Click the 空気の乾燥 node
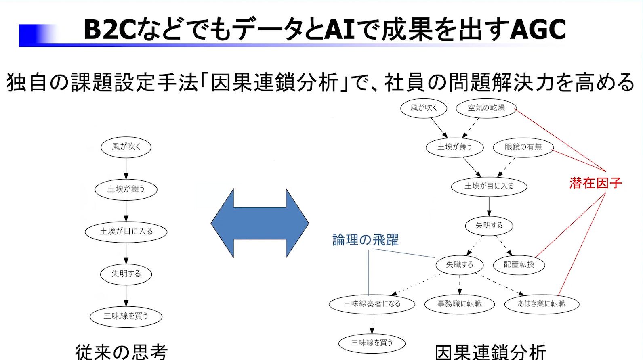click(486, 108)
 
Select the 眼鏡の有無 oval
click(523, 147)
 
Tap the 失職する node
click(459, 265)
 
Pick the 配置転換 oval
click(519, 265)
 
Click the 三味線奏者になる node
click(372, 304)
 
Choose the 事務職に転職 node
click(459, 304)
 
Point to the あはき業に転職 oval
click(542, 304)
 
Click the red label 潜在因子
click(595, 183)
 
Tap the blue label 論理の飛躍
click(365, 240)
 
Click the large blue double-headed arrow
click(260, 223)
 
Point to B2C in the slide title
click(109, 29)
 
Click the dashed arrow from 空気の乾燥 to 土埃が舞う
click(471, 128)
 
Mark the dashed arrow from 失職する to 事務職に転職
click(460, 285)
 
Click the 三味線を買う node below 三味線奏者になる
click(372, 343)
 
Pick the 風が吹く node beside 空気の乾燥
click(424, 108)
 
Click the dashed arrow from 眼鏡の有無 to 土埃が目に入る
click(507, 167)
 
